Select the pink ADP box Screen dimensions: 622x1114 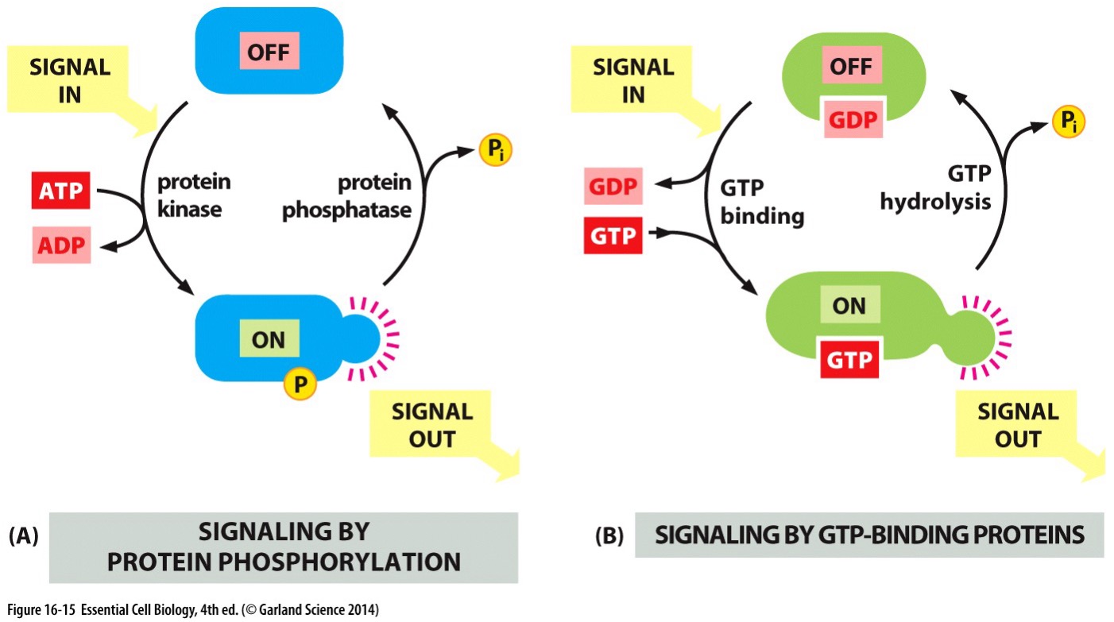point(61,245)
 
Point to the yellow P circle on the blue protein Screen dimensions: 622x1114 point(300,385)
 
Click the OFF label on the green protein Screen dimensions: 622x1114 point(849,68)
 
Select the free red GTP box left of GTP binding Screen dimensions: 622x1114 point(613,237)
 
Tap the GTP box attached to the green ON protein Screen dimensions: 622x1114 point(849,359)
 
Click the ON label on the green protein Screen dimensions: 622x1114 point(849,306)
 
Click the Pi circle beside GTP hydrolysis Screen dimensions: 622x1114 point(1067,122)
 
